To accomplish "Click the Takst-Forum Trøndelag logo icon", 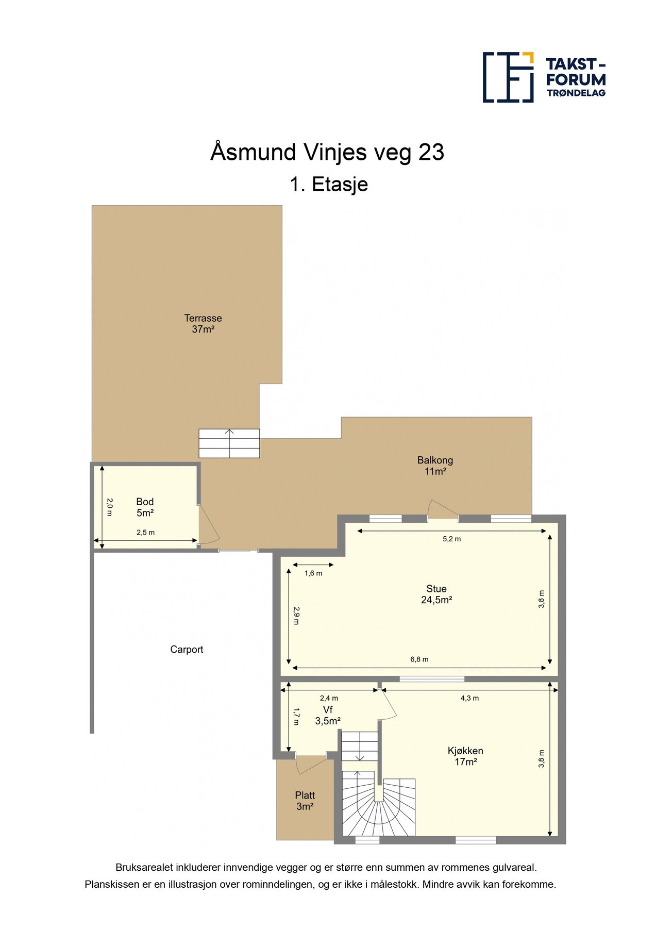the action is click(508, 77).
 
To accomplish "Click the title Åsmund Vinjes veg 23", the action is click(327, 152).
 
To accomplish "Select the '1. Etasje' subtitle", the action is click(329, 184).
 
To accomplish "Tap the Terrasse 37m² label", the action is click(203, 324).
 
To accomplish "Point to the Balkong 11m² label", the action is click(435, 466).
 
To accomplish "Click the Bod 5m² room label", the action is click(145, 507).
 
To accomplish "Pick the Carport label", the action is click(187, 650).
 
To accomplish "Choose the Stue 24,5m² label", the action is click(436, 594).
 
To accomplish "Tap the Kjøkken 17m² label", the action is click(465, 756).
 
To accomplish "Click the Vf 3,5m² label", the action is click(328, 716).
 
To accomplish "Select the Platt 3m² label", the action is click(305, 801).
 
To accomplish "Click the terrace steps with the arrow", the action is click(229, 443).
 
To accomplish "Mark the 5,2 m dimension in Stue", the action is click(452, 539).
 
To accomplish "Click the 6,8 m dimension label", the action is click(419, 659).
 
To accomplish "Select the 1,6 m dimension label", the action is click(313, 573).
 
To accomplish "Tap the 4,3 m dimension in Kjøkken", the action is click(469, 698).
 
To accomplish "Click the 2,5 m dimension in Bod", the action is click(145, 533).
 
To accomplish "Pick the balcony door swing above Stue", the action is click(442, 509).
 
